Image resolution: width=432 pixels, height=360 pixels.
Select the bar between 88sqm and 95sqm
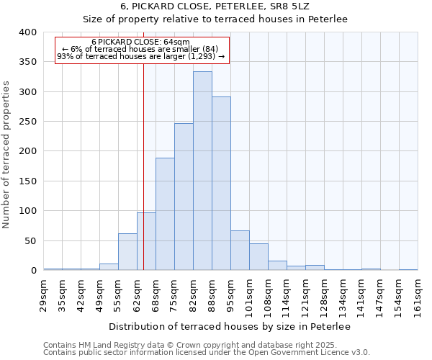(221, 184)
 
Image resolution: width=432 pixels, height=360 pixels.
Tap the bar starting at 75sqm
(184, 197)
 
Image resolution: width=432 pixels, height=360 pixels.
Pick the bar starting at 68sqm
(165, 214)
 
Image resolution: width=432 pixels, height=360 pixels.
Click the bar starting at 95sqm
(240, 251)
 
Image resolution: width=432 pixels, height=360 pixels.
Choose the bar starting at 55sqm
(127, 252)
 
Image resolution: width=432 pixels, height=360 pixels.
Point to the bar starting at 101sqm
(258, 257)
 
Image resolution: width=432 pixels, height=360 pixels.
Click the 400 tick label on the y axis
(27, 32)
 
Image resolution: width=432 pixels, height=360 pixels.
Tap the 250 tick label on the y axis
(27, 122)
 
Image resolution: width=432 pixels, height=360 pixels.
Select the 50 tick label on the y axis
(30, 240)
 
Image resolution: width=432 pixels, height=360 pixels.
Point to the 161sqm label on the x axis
(418, 297)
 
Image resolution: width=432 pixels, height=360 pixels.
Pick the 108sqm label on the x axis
(268, 297)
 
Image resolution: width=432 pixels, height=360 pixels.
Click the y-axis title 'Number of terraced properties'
(7, 155)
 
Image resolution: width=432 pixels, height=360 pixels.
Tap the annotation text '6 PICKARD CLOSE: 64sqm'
(140, 42)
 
